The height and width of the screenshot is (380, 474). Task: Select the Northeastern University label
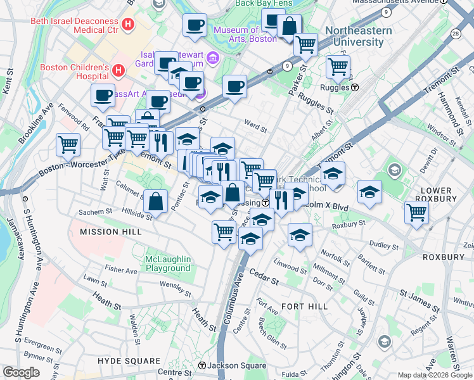(x=354, y=37)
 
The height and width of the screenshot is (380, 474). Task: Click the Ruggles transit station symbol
(x=355, y=87)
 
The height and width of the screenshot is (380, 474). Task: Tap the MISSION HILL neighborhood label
(x=108, y=232)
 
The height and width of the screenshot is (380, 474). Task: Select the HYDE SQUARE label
(x=127, y=360)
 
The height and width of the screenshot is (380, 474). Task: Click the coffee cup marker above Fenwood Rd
(x=103, y=95)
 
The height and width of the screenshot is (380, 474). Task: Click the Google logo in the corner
(x=21, y=372)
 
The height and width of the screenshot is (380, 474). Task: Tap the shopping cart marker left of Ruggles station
(x=338, y=66)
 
